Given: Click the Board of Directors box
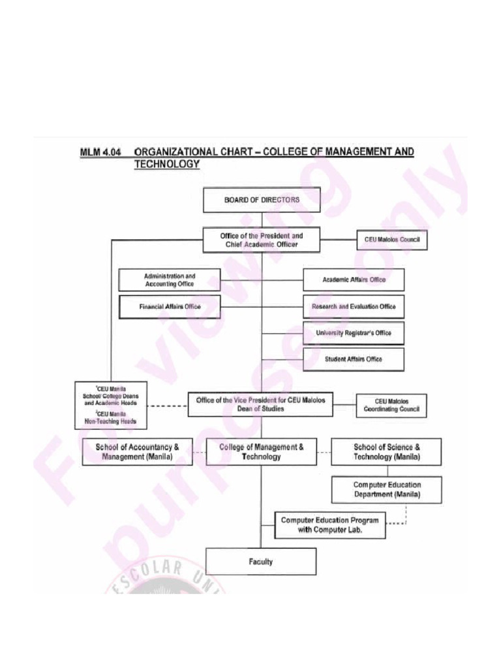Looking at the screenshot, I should coord(262,200).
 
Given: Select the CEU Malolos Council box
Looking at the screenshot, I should coord(391,240).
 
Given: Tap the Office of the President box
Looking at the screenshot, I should coord(262,240).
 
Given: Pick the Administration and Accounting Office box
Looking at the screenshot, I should coord(169,280).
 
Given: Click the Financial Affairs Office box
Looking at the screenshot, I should coord(170,306).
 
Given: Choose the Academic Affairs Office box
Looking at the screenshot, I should coord(354,280).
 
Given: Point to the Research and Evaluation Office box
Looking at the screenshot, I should coord(354,306).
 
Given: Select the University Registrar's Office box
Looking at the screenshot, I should coord(354,333).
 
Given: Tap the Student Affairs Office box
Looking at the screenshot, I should coord(354,359).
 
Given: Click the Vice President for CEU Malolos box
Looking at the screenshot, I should coord(260,404).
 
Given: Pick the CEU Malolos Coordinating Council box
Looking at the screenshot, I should coord(391,406).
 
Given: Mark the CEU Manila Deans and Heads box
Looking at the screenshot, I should coord(111,404).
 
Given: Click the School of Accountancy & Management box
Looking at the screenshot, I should coord(137,452).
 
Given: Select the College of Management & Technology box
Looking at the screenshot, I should coord(261,452).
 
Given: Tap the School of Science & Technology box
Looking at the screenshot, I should coord(386,452).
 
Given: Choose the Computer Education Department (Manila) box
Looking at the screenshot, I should coord(386,489).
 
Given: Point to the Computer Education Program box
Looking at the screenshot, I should coord(329,525).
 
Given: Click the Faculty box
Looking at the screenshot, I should coord(261,561).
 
